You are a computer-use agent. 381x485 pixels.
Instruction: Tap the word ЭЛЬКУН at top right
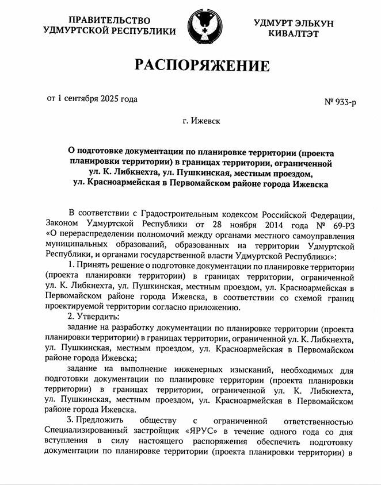(318, 22)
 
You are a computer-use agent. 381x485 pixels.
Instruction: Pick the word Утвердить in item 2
(96, 317)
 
